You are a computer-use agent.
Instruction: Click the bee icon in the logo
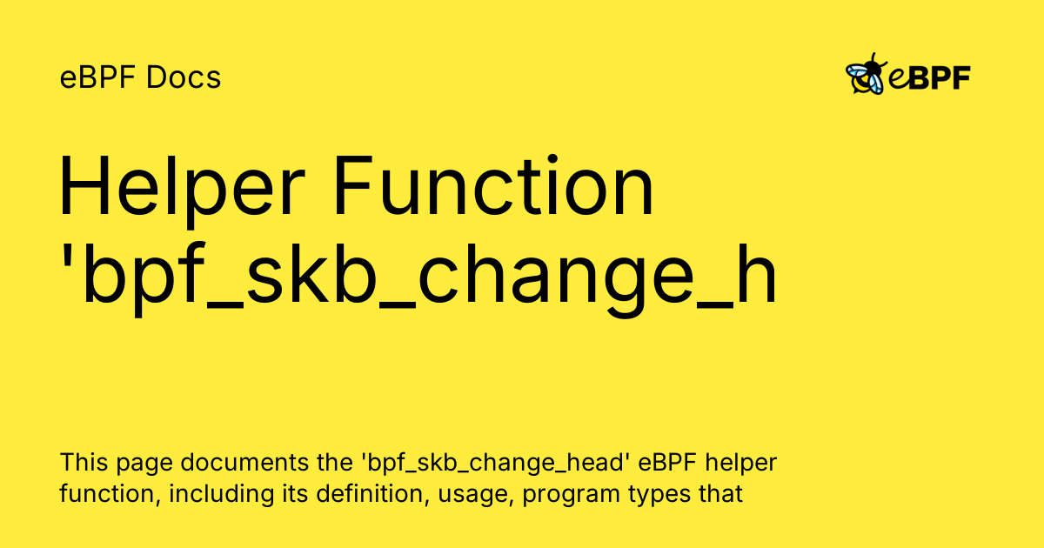[866, 75]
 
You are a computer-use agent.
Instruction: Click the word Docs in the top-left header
[184, 77]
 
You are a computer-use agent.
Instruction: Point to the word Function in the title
[494, 185]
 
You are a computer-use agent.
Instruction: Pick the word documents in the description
[244, 463]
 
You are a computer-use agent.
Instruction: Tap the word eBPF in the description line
[667, 463]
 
